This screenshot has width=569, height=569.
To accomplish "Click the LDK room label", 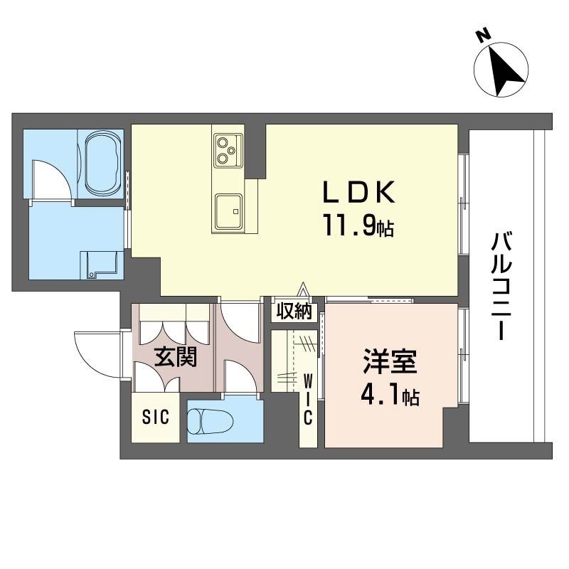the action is pyautogui.click(x=358, y=192).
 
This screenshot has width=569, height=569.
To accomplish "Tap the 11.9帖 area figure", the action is pyautogui.click(x=358, y=225).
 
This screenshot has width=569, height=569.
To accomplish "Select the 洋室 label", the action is pyautogui.click(x=390, y=361).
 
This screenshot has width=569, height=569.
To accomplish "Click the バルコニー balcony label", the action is pyautogui.click(x=501, y=287).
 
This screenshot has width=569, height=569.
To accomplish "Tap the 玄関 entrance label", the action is pyautogui.click(x=176, y=356).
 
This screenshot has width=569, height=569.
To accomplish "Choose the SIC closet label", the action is pyautogui.click(x=156, y=418).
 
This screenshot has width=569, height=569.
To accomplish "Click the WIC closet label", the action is pyautogui.click(x=308, y=400).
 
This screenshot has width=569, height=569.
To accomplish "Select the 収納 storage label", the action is pyautogui.click(x=294, y=311).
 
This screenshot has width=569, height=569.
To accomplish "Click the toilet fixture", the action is pyautogui.click(x=211, y=422).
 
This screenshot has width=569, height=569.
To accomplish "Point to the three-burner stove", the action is pyautogui.click(x=228, y=151).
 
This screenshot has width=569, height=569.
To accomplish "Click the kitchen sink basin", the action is pyautogui.click(x=228, y=212).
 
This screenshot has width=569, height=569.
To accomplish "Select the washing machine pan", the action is pyautogui.click(x=102, y=265).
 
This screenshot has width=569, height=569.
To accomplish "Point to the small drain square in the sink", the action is pyautogui.click(x=236, y=211).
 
